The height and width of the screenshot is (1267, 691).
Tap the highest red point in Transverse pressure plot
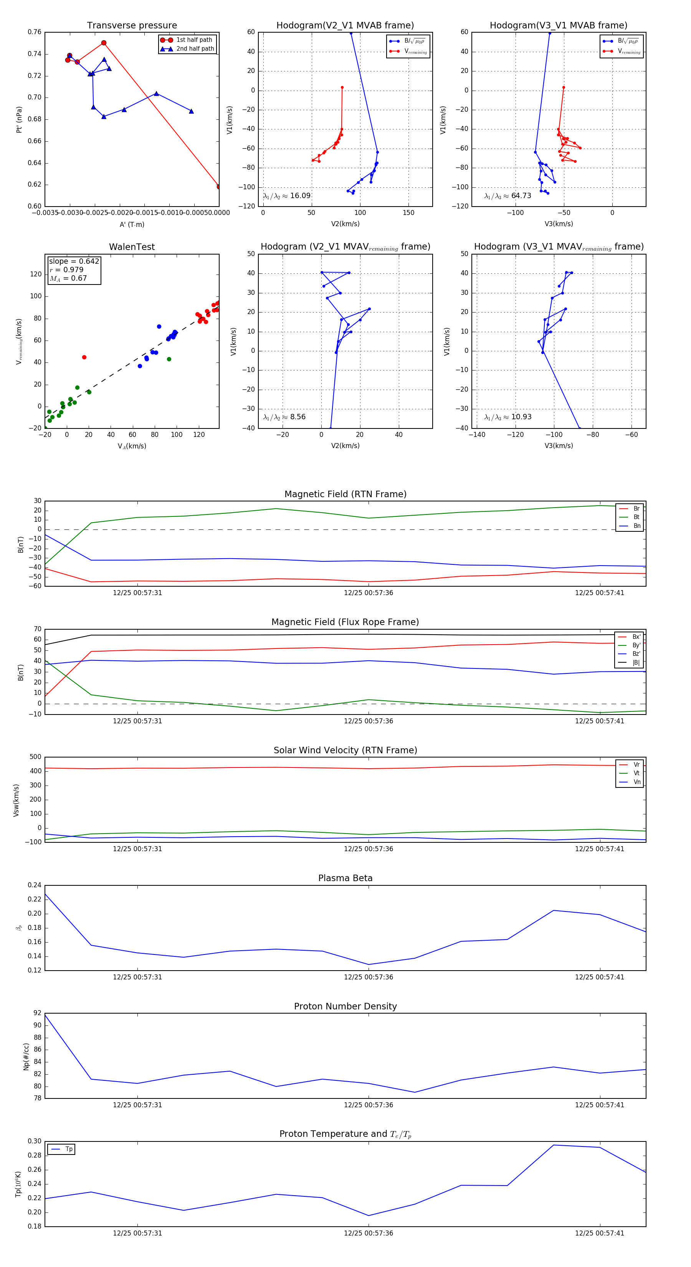[x=104, y=43]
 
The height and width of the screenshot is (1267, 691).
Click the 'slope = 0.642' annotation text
[x=74, y=261]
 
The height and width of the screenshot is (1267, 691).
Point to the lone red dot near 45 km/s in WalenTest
[x=84, y=357]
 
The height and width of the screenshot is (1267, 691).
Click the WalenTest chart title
[x=132, y=247]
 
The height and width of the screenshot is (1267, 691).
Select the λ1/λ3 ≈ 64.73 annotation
[x=508, y=196]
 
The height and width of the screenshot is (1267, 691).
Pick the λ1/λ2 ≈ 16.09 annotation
[x=287, y=196]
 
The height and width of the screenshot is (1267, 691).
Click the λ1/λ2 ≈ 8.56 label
[x=284, y=417]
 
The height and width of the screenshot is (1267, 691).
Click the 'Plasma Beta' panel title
[x=345, y=878]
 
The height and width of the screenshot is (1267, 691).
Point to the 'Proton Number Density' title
[x=345, y=1006]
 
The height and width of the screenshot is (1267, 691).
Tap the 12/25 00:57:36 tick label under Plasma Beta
[x=369, y=977]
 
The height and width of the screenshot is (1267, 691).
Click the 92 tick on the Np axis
[x=37, y=1013]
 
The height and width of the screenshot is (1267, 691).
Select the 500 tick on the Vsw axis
[x=35, y=757]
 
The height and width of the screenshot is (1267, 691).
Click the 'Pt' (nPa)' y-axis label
[x=19, y=119]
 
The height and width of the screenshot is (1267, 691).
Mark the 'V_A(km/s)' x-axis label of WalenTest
[x=132, y=446]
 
